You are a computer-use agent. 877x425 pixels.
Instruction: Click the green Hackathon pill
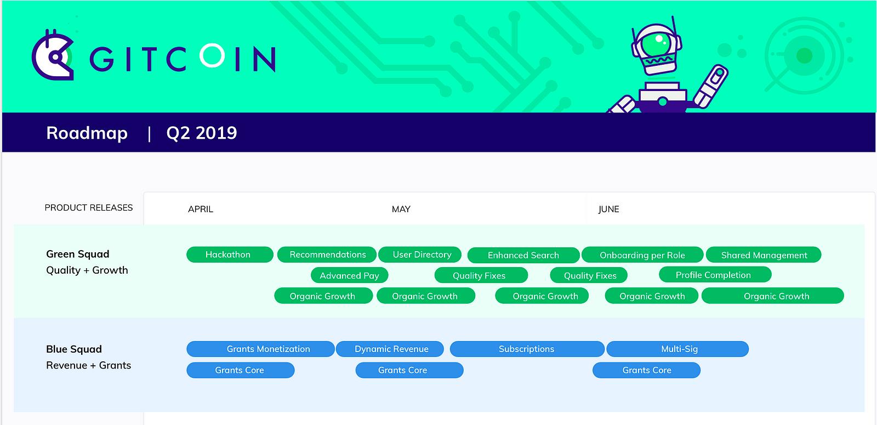(x=230, y=254)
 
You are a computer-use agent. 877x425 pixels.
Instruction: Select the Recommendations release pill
(x=327, y=254)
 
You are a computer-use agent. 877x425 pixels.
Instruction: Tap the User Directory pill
(x=420, y=254)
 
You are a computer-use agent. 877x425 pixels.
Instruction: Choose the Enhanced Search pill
(x=523, y=256)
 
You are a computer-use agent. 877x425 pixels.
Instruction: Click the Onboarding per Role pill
(x=642, y=255)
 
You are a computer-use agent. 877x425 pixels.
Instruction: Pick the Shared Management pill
(x=764, y=255)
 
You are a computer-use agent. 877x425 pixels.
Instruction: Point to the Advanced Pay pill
(x=349, y=275)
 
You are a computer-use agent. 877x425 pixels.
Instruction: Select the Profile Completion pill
(x=715, y=275)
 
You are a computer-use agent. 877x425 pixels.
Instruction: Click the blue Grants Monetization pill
(x=260, y=349)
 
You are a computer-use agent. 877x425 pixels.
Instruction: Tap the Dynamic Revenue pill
(x=390, y=349)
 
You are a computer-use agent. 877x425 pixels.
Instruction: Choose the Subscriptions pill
(x=527, y=349)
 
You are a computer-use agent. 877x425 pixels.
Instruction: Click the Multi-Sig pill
(x=677, y=349)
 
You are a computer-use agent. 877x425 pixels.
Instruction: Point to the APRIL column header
(x=201, y=209)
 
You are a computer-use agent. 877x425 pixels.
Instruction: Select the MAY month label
(x=401, y=209)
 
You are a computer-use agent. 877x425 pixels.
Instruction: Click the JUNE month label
(x=608, y=209)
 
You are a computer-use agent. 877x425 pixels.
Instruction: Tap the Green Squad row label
(x=77, y=254)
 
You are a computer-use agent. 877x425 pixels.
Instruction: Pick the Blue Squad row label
(x=74, y=349)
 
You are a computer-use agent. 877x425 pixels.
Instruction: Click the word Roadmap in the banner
(x=87, y=133)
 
